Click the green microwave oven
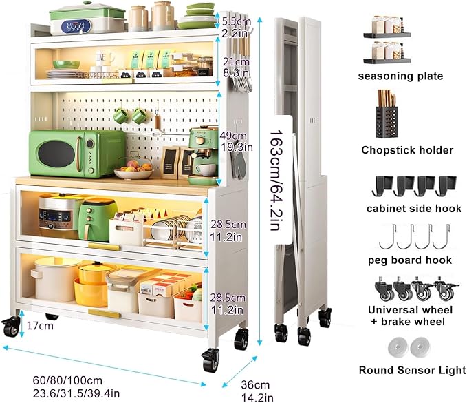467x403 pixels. point(77,154)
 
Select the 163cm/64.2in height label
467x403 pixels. point(276,180)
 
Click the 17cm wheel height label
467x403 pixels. point(40,325)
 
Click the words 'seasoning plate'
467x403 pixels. point(400,76)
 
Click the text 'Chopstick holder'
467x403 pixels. point(407,149)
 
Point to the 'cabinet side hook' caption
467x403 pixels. point(414,208)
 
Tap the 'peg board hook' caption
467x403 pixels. point(410,260)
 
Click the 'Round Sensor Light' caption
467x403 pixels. point(412,370)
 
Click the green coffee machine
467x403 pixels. point(203,154)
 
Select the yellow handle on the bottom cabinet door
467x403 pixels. point(105,313)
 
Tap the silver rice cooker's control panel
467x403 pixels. point(55,216)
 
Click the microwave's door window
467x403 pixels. point(56,154)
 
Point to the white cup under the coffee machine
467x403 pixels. point(206,169)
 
